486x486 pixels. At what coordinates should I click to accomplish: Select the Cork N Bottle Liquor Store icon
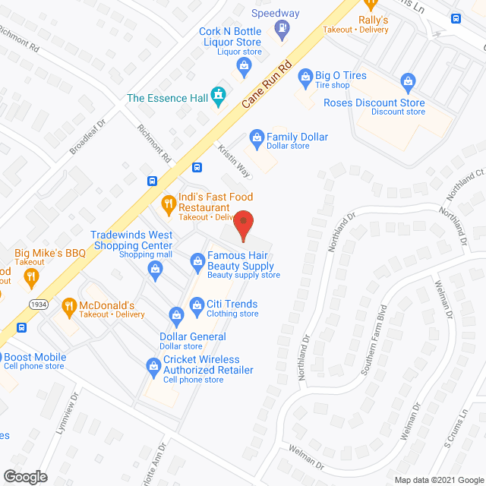244,65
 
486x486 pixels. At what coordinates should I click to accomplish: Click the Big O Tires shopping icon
305,76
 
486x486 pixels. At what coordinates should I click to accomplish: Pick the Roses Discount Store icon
407,80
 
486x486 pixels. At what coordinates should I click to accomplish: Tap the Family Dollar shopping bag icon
257,137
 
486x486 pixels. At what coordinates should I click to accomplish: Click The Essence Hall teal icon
219,93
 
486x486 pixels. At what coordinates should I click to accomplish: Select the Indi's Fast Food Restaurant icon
169,203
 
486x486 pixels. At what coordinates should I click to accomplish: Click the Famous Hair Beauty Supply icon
197,261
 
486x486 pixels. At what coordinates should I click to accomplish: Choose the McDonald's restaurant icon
69,305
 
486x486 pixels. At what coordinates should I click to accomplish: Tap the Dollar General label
192,336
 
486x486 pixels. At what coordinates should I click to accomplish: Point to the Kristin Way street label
234,161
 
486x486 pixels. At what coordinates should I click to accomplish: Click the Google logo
24,476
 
